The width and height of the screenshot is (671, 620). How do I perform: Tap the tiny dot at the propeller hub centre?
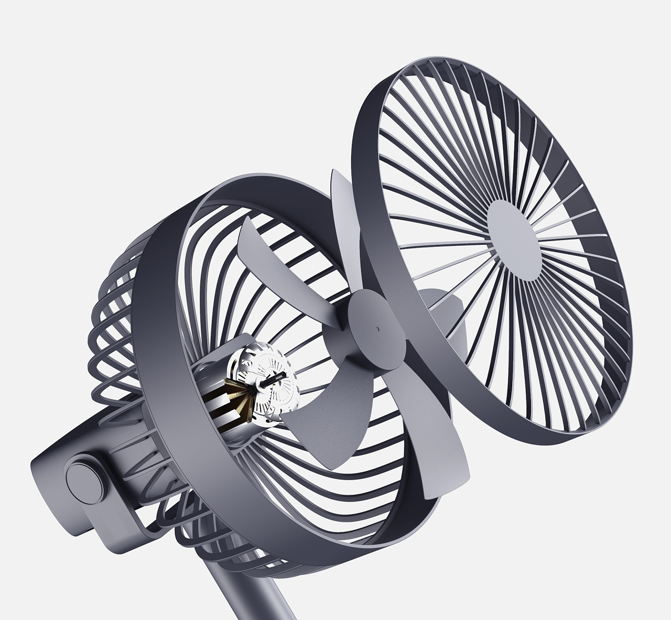(x=376, y=330)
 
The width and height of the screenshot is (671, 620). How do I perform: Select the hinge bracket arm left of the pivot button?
(x=47, y=461)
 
